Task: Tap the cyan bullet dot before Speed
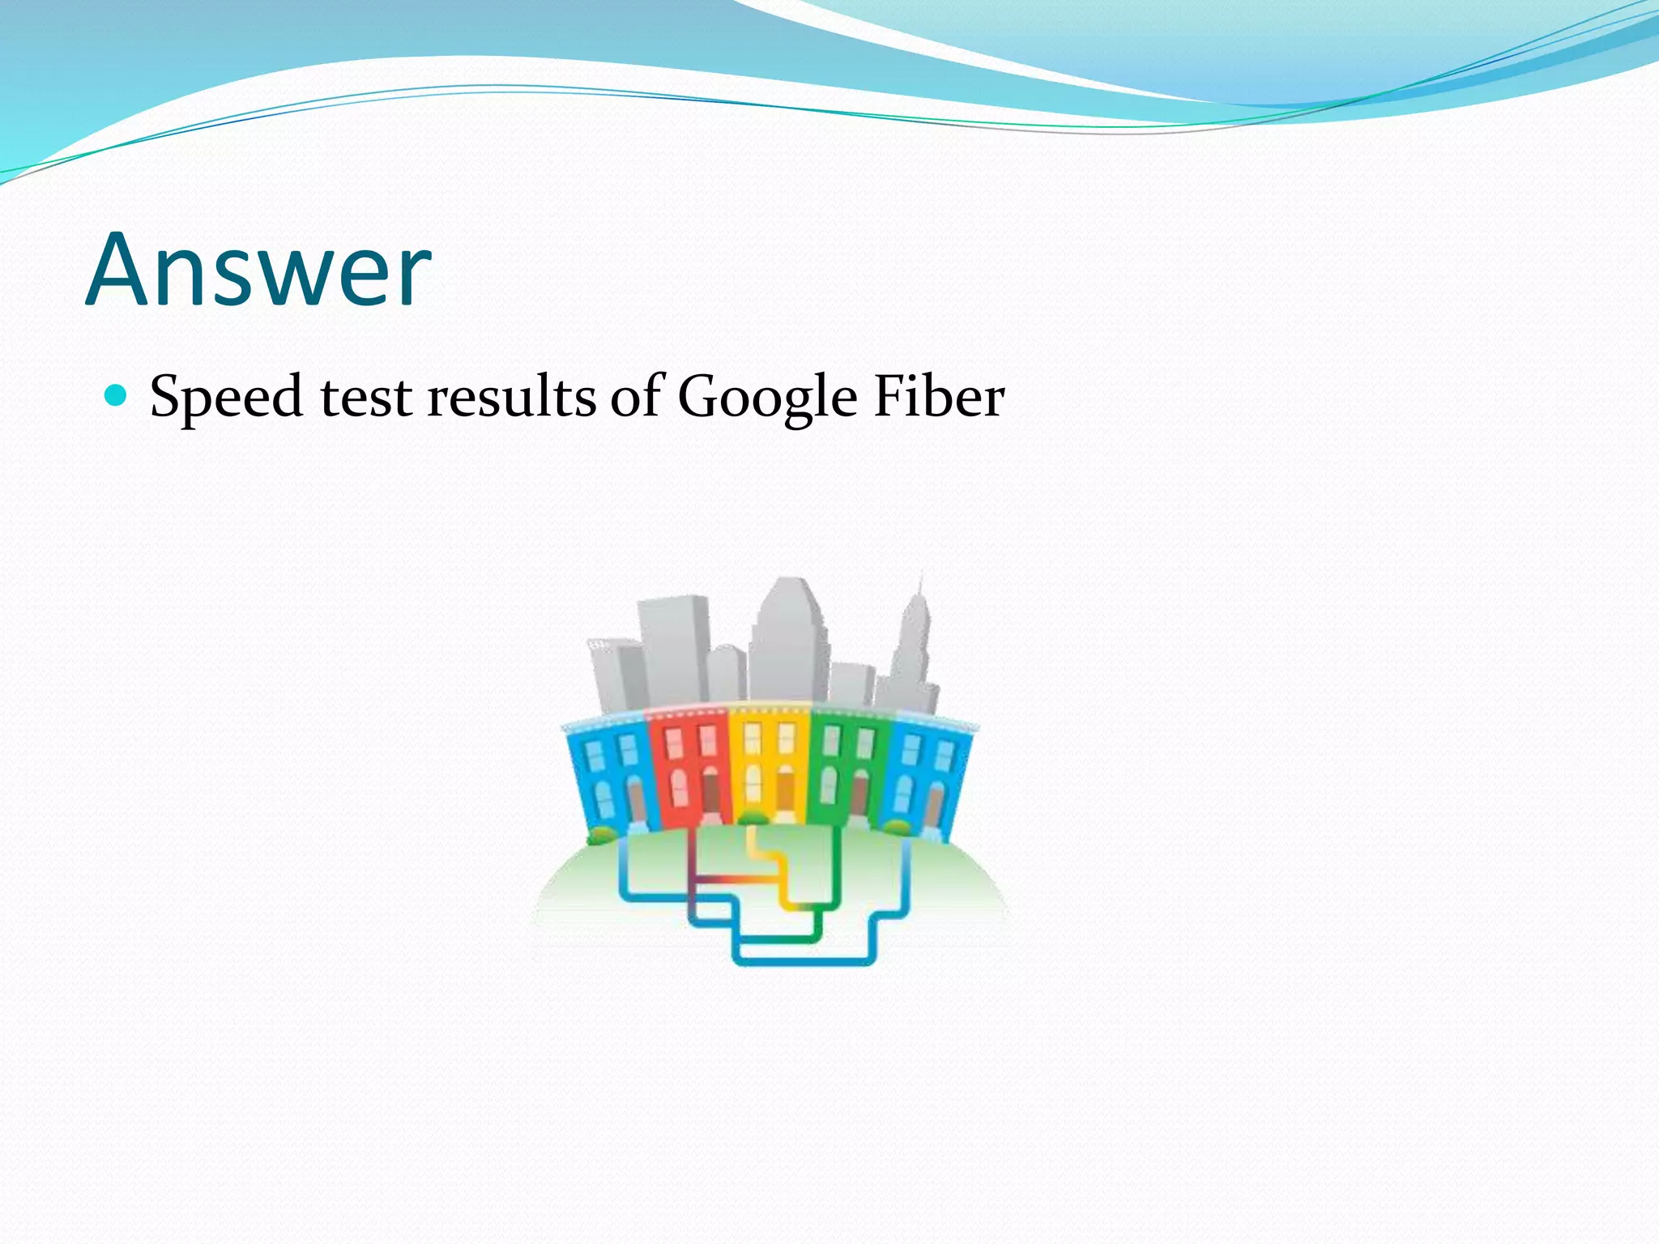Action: pos(117,395)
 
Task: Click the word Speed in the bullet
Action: pos(227,398)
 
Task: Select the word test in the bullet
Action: pos(366,397)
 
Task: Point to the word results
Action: pos(511,397)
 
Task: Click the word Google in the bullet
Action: pos(766,398)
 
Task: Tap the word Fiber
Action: pos(939,397)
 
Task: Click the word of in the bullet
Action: pos(637,397)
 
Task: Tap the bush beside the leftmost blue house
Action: pos(600,834)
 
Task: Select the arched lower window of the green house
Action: pos(828,784)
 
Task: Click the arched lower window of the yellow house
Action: pos(753,781)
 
